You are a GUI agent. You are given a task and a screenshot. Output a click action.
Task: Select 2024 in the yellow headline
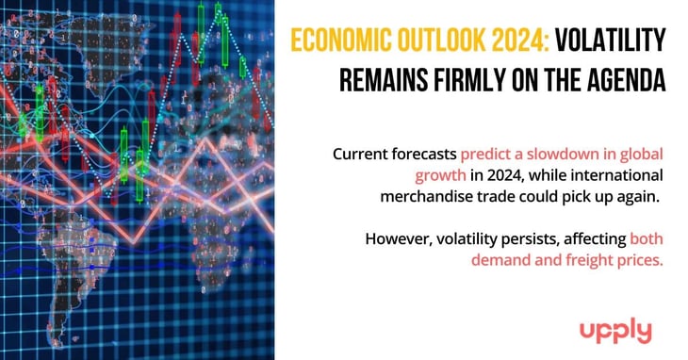pos(508,41)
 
